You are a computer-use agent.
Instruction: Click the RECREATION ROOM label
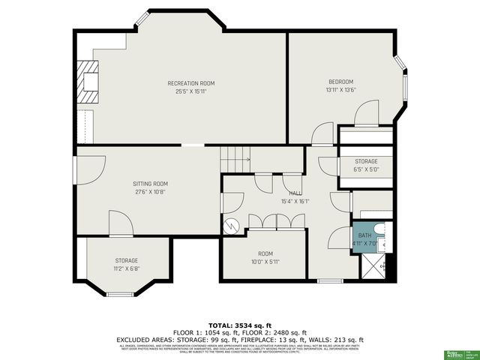pyautogui.click(x=191, y=82)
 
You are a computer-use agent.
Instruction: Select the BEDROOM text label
pyautogui.click(x=340, y=82)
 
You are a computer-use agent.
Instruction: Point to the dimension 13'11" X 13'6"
pyautogui.click(x=340, y=90)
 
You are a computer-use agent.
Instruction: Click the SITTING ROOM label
pyautogui.click(x=150, y=184)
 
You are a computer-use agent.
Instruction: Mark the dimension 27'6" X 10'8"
pyautogui.click(x=150, y=192)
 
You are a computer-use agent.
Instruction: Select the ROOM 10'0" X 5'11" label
pyautogui.click(x=265, y=257)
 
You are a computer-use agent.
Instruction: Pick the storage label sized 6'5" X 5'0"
pyautogui.click(x=366, y=165)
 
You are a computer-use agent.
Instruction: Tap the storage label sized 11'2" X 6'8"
pyautogui.click(x=126, y=264)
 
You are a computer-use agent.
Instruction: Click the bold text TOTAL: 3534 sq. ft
pyautogui.click(x=240, y=325)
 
